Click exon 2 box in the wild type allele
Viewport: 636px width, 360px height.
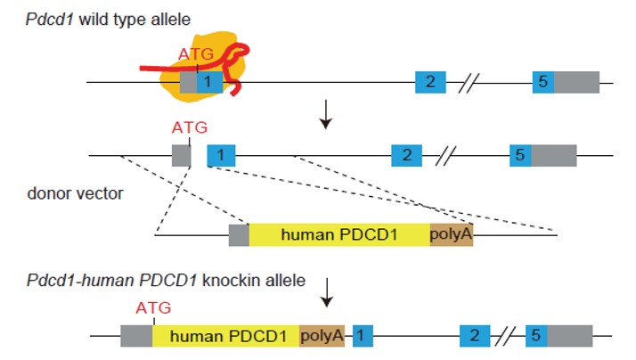click(430, 82)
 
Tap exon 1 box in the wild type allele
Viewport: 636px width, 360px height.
click(208, 82)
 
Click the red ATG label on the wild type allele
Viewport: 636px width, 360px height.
click(196, 53)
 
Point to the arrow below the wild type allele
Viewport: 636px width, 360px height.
click(327, 118)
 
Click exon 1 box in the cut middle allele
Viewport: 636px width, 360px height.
click(221, 155)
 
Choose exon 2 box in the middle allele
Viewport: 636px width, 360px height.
click(407, 155)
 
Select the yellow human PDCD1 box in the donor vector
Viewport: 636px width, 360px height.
click(338, 234)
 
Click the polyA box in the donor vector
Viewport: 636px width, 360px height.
click(451, 234)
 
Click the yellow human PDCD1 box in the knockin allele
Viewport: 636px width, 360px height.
click(225, 336)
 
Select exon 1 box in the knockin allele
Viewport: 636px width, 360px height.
click(362, 336)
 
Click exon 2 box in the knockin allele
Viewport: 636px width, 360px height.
click(475, 336)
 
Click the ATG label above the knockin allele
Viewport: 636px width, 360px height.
click(152, 308)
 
